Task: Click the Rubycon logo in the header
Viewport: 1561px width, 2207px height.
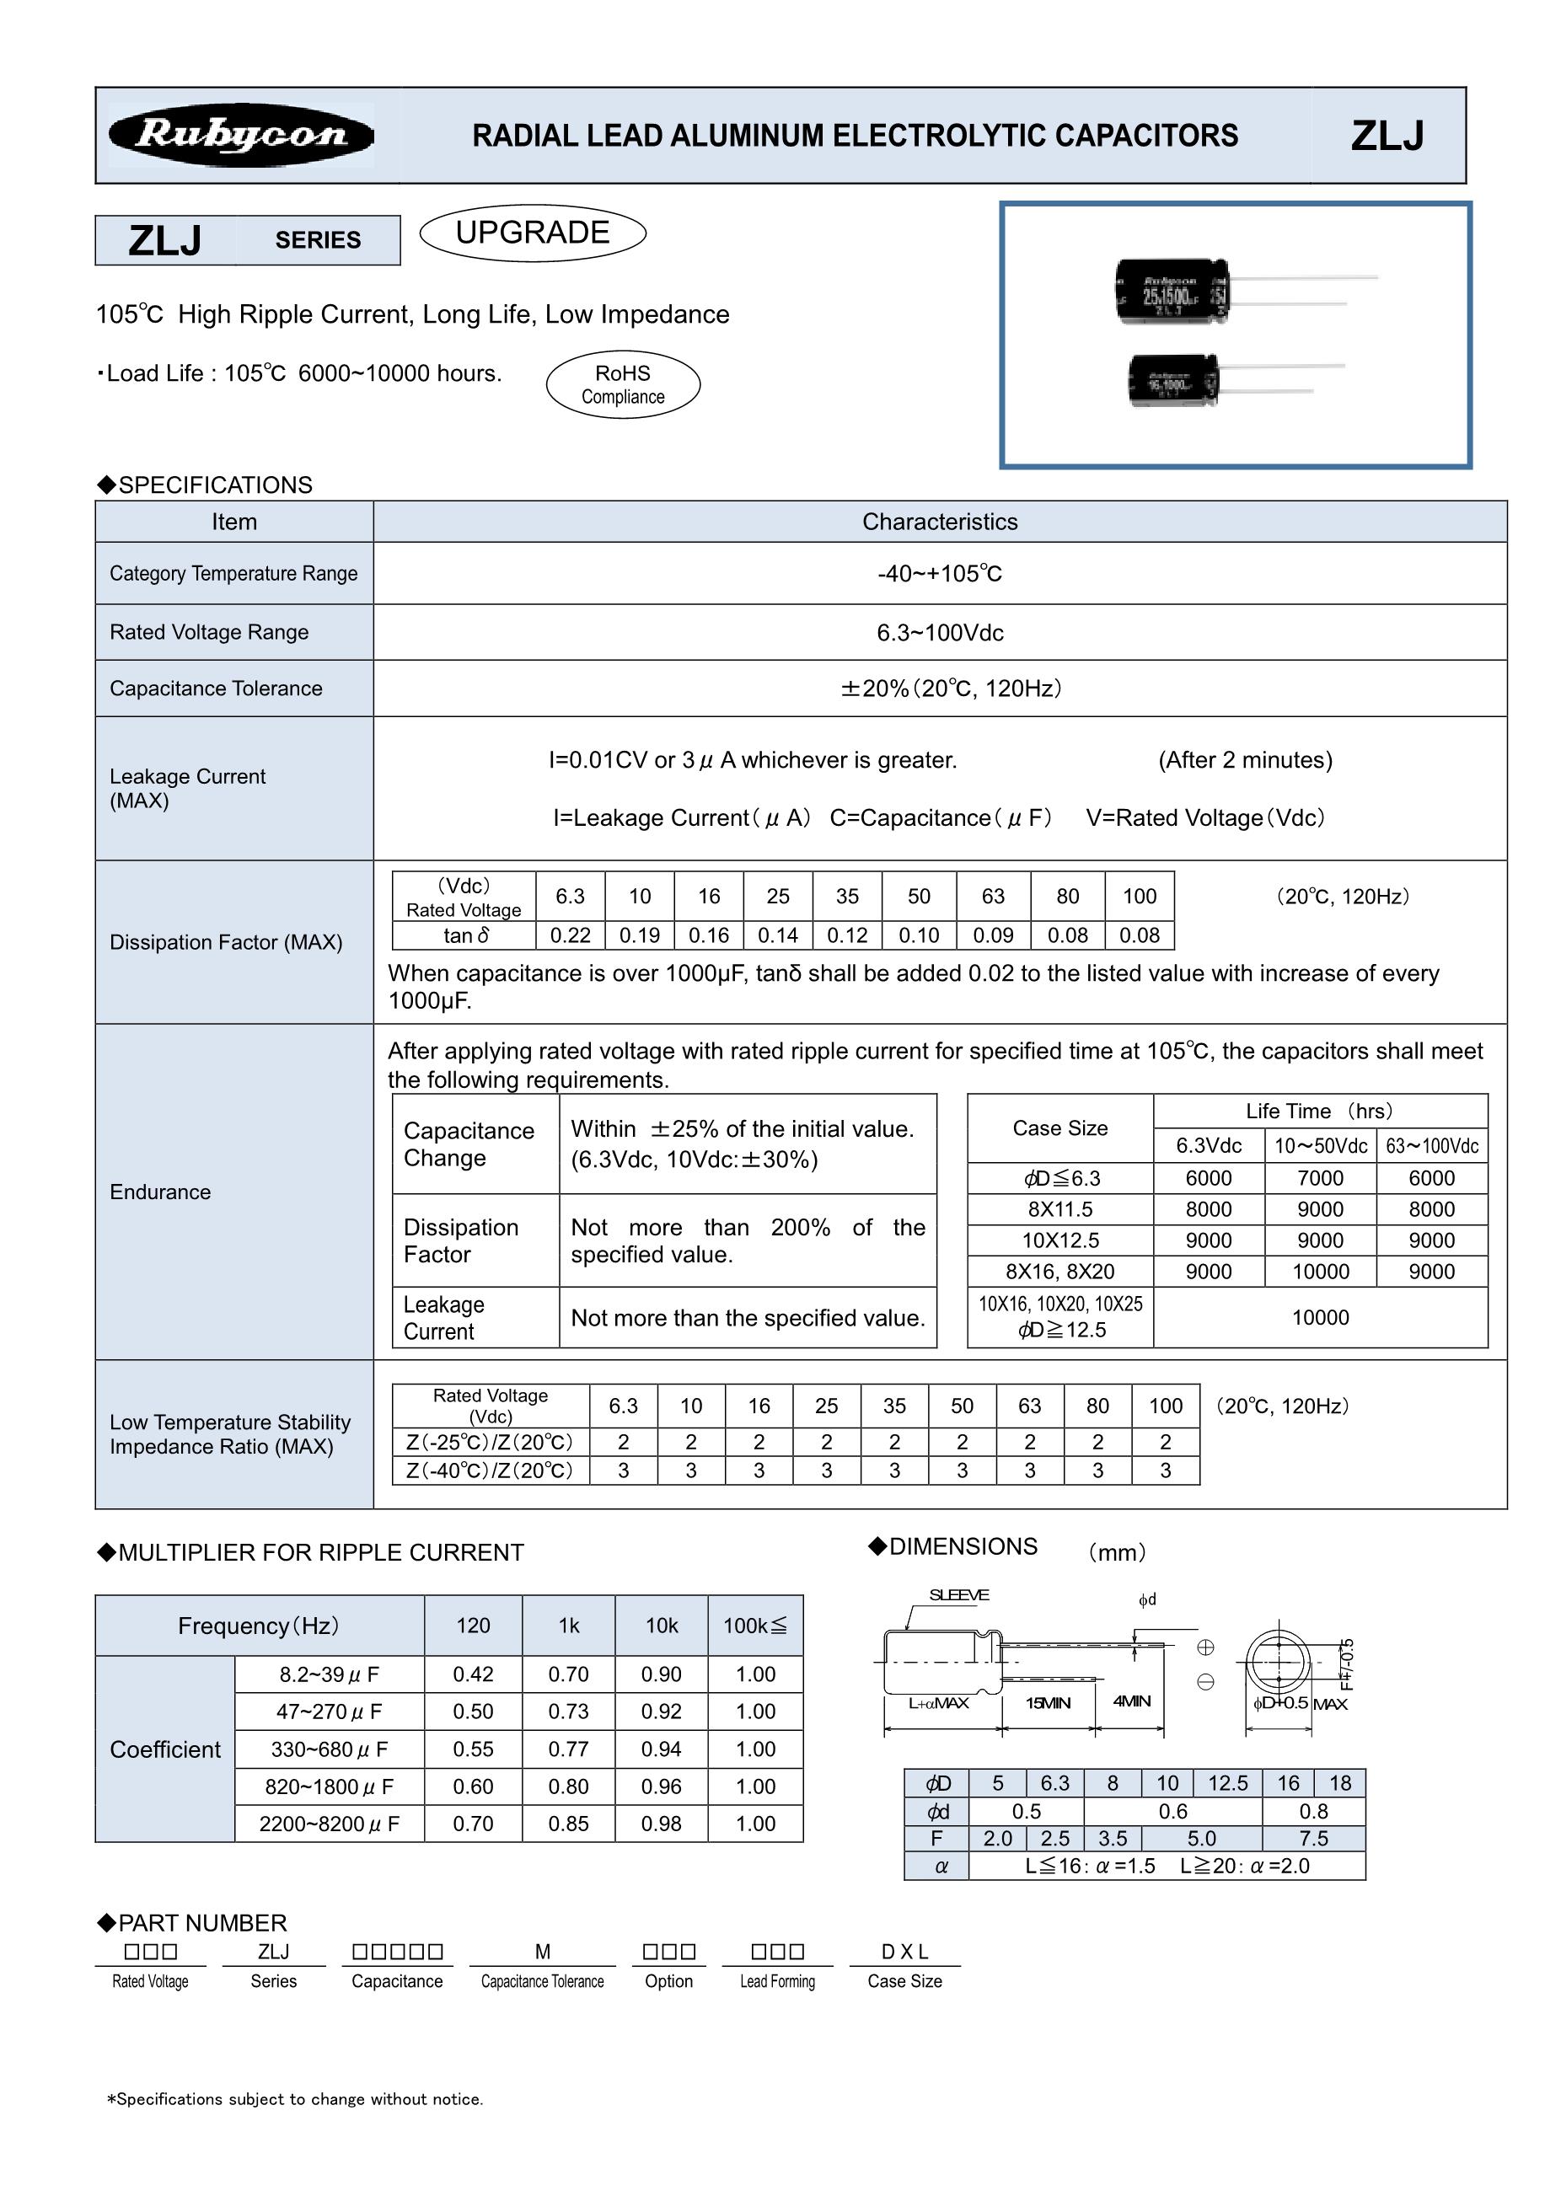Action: point(240,136)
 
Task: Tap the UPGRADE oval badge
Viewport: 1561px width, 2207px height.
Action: point(533,233)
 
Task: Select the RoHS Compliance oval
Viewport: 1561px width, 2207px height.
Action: point(623,384)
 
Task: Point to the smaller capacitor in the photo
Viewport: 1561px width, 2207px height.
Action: point(1172,380)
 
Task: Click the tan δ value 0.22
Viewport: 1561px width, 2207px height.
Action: point(570,935)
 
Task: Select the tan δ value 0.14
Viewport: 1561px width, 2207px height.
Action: point(778,935)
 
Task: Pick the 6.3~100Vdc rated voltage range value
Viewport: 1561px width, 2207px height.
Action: point(939,633)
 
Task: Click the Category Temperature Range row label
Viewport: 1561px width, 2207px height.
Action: point(233,574)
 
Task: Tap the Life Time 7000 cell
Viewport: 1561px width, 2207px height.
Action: point(1320,1178)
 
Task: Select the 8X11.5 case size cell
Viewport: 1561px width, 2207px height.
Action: point(1059,1209)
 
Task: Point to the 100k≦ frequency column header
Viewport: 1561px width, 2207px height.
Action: point(754,1626)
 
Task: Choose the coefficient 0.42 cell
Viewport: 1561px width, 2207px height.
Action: point(473,1674)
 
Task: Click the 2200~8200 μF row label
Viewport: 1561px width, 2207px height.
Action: point(329,1824)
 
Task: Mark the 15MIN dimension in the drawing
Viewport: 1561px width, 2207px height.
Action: point(1048,1703)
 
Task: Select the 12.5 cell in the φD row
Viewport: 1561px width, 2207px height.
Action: point(1227,1783)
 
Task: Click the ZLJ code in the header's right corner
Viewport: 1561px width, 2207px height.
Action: point(1387,136)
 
